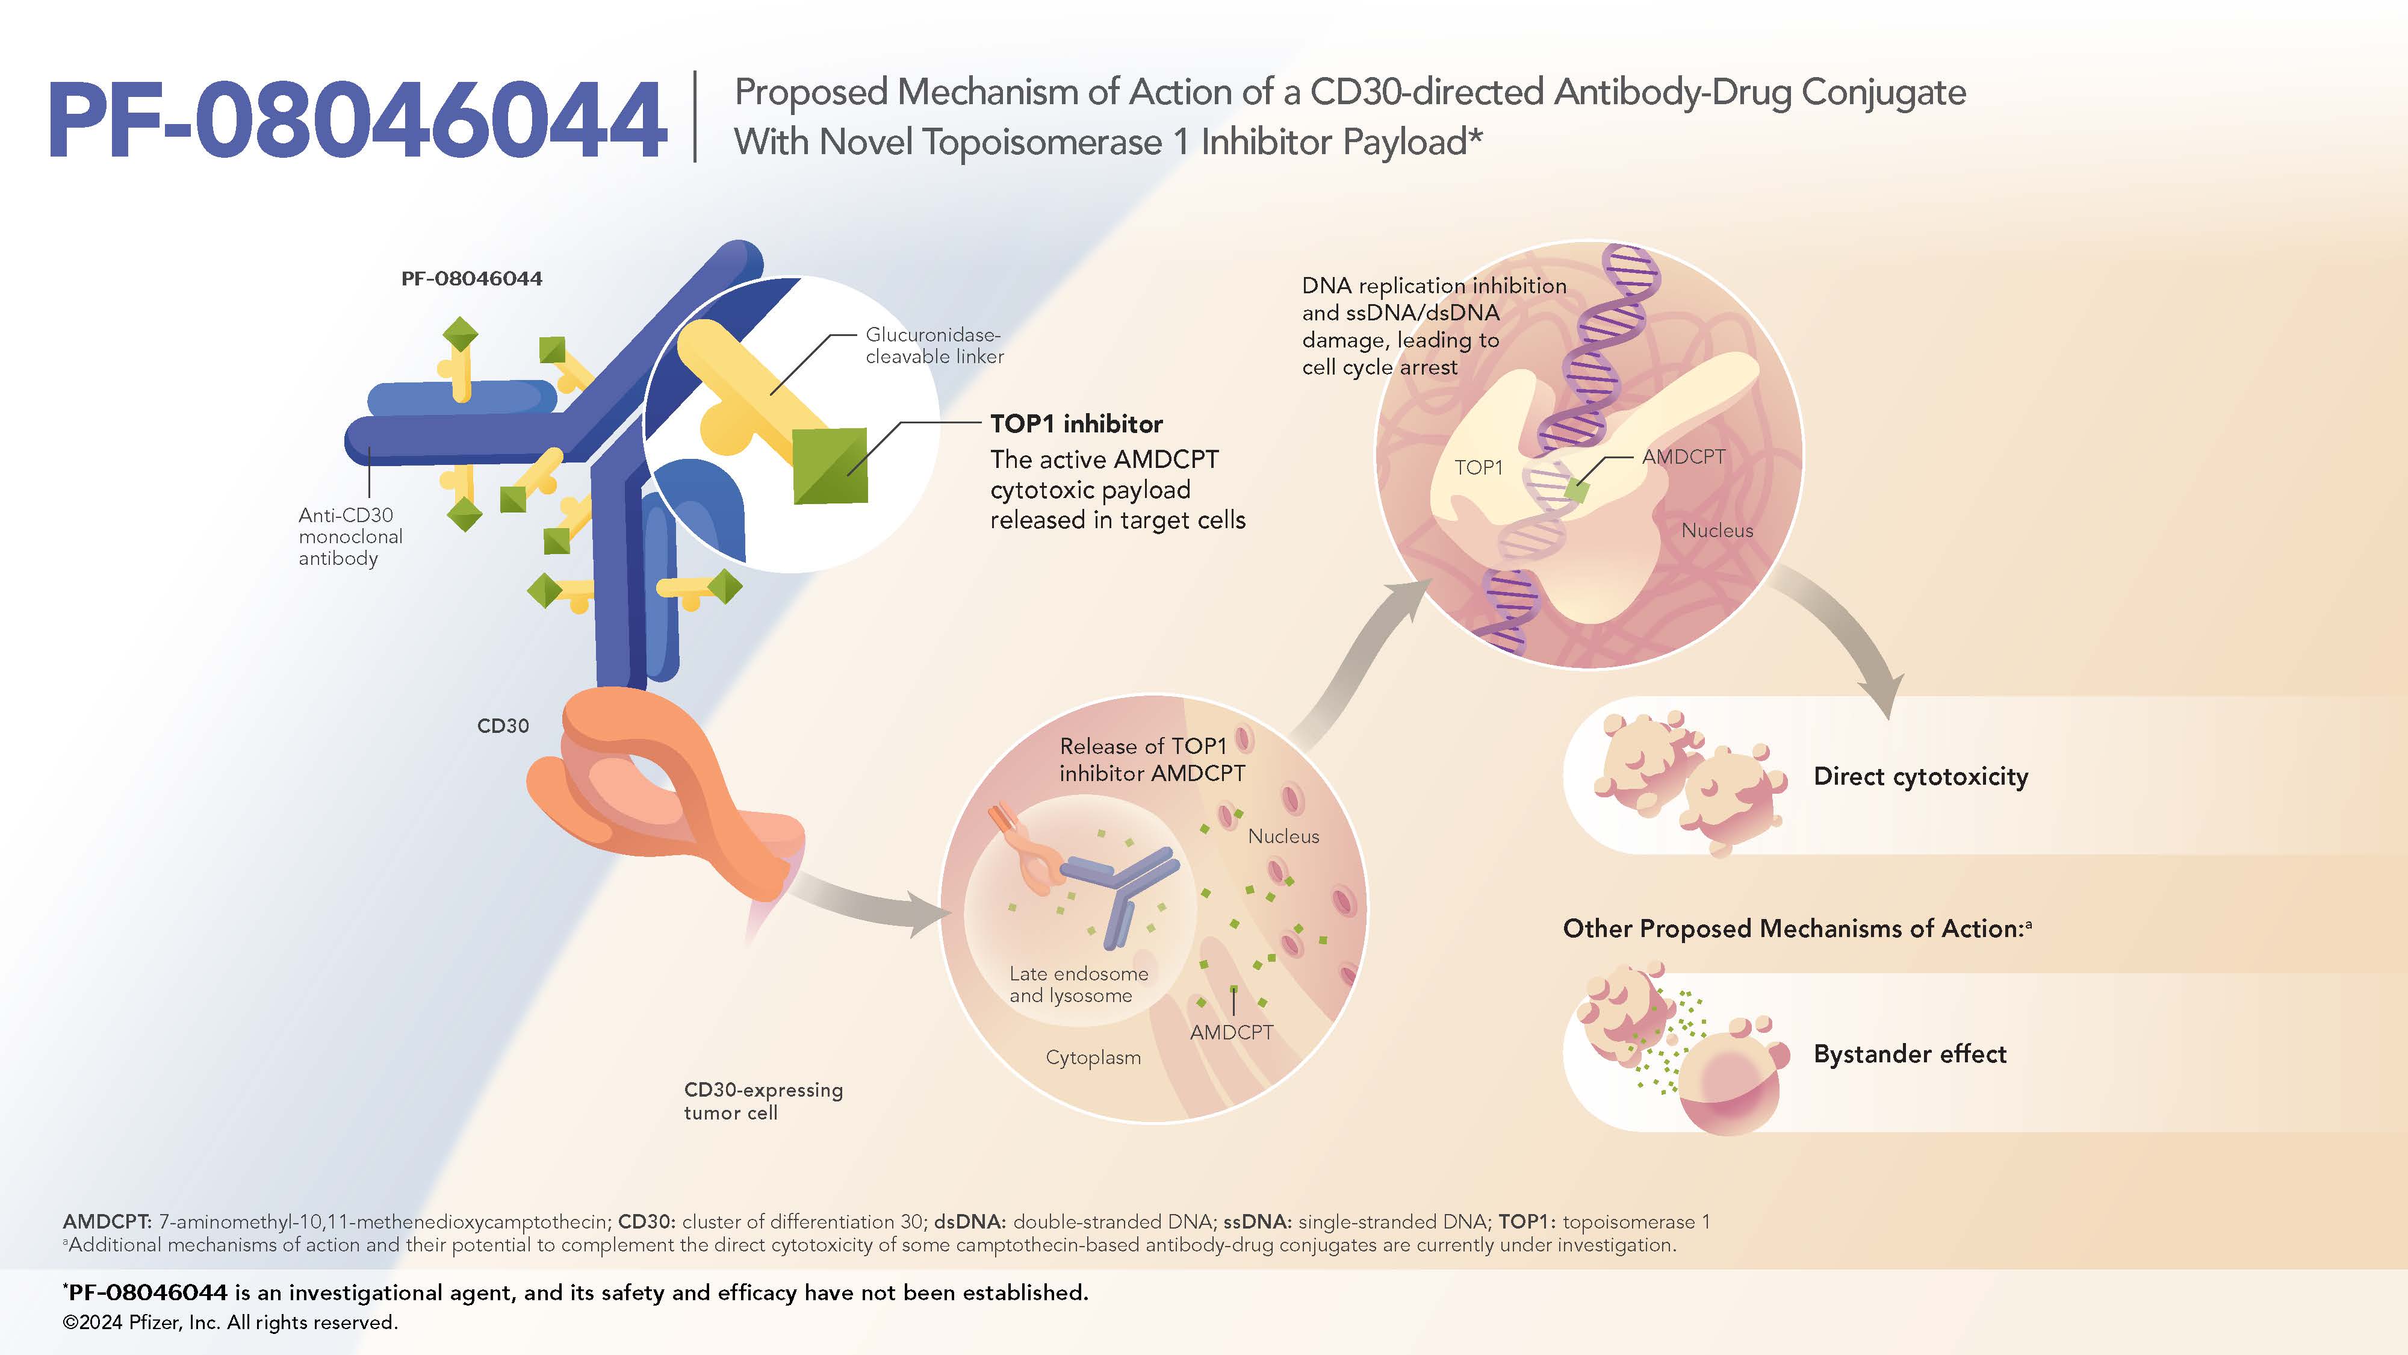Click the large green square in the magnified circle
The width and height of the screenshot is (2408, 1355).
(830, 465)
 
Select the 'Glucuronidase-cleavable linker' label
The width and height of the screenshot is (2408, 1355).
(934, 345)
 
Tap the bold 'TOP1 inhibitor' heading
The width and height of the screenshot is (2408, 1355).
(1076, 423)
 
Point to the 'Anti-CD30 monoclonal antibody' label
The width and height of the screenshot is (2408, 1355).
(350, 536)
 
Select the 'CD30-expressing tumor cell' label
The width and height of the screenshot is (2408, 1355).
(763, 1101)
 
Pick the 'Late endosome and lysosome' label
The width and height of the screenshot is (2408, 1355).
(1078, 984)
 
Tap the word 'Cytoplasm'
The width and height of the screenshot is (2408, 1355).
(1093, 1058)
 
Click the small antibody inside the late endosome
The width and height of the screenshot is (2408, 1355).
(1122, 888)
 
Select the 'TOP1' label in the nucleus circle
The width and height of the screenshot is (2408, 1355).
(1478, 467)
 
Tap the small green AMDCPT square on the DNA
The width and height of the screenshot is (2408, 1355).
(1577, 489)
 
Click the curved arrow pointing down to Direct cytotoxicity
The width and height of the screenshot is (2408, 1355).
(1846, 636)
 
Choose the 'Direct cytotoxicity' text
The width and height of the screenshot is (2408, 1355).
(1920, 776)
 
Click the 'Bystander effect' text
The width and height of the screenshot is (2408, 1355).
(1909, 1054)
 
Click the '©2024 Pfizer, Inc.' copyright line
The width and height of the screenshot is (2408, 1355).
(230, 1322)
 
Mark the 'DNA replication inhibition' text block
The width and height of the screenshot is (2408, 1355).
(1433, 325)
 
